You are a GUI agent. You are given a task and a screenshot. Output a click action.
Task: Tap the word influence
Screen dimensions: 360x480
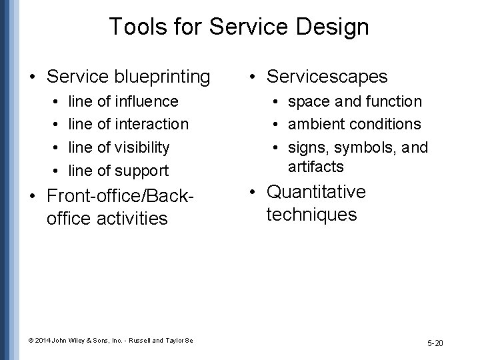click(x=147, y=101)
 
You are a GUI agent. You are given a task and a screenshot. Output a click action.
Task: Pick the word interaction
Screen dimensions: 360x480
click(x=152, y=124)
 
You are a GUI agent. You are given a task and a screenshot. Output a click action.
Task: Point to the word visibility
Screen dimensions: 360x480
click(x=143, y=147)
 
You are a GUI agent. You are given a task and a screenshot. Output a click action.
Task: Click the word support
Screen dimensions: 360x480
click(x=142, y=170)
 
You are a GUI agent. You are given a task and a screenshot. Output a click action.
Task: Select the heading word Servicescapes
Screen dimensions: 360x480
click(x=327, y=77)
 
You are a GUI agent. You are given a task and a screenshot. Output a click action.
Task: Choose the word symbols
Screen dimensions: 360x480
click(x=366, y=147)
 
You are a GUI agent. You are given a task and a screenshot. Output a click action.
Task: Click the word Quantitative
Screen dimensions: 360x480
click(x=316, y=192)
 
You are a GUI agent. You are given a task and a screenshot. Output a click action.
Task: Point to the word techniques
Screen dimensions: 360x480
click(x=311, y=215)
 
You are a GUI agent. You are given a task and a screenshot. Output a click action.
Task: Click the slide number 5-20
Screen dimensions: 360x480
click(x=435, y=343)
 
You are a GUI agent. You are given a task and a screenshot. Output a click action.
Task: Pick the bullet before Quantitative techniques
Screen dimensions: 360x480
click(x=252, y=193)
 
